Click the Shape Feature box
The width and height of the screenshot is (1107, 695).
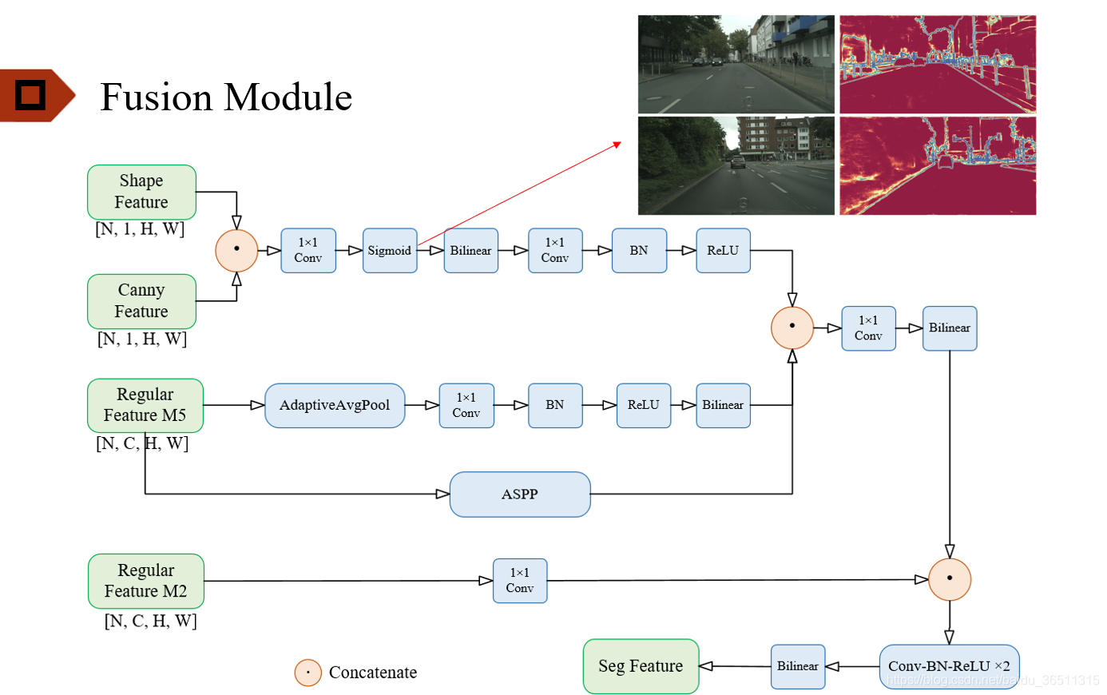click(141, 192)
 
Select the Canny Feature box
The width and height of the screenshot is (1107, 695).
click(141, 301)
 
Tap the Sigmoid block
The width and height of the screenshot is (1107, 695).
click(390, 251)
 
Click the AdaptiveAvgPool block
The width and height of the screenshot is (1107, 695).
click(335, 405)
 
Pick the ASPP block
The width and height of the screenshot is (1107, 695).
click(520, 494)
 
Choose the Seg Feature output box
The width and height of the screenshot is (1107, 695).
click(641, 666)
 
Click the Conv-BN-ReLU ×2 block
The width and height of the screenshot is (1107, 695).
click(949, 666)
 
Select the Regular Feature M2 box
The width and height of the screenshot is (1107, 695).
click(146, 581)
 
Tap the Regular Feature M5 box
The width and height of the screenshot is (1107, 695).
click(145, 405)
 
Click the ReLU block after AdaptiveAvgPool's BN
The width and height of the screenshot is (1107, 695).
click(643, 405)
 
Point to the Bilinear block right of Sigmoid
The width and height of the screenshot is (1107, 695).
click(470, 251)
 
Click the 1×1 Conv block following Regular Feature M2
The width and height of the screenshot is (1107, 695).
click(520, 581)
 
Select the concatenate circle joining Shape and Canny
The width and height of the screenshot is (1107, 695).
click(236, 250)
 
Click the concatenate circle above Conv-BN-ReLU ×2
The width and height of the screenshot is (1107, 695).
click(950, 579)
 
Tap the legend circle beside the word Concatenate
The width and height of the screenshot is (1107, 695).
click(307, 673)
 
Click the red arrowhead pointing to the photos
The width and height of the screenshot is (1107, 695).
click(617, 145)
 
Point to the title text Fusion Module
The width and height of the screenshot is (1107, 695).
click(226, 97)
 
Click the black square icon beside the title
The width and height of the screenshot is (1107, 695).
click(30, 95)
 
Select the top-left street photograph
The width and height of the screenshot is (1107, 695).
click(736, 64)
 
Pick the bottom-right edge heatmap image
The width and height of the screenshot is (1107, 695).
click(938, 166)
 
